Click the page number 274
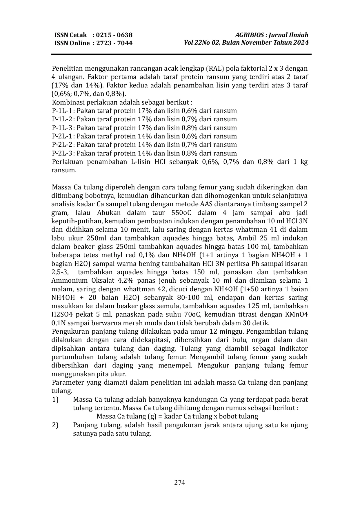180,483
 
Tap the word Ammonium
70,281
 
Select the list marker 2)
55,425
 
